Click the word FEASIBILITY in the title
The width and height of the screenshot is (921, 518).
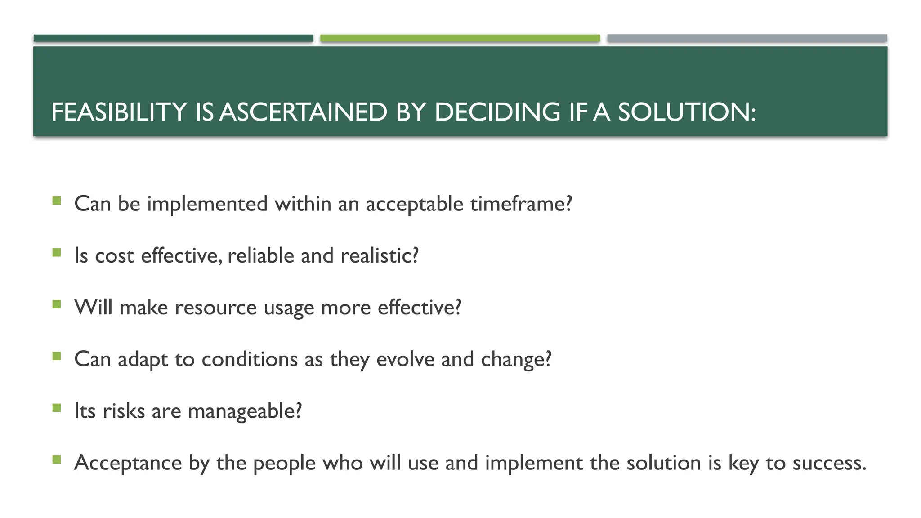(119, 112)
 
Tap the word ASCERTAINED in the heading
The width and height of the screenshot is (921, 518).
(304, 112)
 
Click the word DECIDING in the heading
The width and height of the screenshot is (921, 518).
(497, 112)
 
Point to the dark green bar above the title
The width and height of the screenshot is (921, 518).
(173, 38)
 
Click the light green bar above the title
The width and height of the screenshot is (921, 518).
(460, 38)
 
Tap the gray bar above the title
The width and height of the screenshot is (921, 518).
(747, 38)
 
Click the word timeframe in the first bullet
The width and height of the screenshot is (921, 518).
(521, 204)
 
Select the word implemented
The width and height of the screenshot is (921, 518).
(207, 204)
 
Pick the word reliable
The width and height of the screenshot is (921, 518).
(261, 255)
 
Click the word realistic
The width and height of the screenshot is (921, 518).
(379, 255)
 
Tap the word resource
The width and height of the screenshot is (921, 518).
(216, 308)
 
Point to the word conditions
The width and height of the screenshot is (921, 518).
(250, 359)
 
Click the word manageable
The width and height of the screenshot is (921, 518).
(244, 411)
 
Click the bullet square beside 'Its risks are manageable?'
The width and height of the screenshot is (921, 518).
(56, 408)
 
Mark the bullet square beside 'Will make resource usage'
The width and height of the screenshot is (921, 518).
(56, 304)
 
